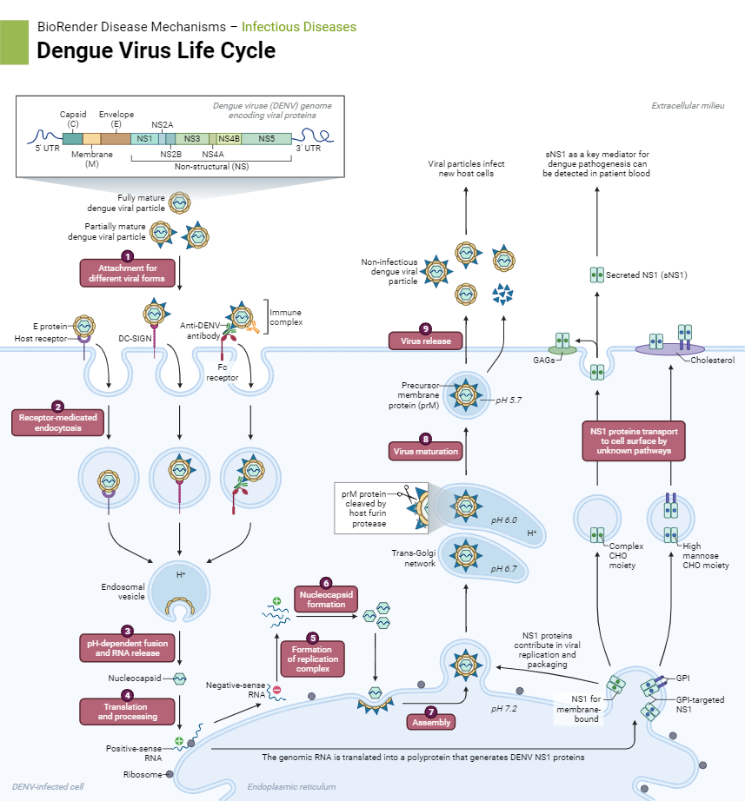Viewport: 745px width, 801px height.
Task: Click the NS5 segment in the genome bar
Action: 267,138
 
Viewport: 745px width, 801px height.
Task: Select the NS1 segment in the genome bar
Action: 144,138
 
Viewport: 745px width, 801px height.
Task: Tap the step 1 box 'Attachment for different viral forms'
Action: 128,273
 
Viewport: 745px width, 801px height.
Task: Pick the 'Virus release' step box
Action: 424,341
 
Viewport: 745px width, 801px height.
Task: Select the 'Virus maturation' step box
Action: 425,451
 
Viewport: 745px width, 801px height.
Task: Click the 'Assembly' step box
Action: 430,721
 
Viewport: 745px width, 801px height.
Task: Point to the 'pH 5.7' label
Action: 509,400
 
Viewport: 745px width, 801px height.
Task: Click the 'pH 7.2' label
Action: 503,709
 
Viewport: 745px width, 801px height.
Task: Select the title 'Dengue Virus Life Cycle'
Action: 156,50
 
